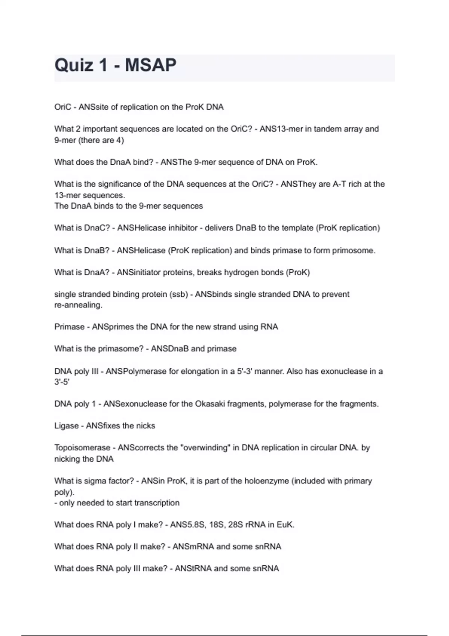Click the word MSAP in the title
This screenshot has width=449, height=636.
[150, 65]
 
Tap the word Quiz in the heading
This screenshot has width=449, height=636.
[74, 65]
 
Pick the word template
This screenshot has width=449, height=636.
[292, 228]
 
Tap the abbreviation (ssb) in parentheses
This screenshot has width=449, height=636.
[179, 294]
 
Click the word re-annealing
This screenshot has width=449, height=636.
[78, 305]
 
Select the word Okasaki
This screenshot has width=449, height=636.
[210, 404]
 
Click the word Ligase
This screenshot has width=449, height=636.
[67, 426]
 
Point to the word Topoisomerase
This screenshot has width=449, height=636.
[82, 448]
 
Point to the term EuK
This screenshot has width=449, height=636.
[285, 525]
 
